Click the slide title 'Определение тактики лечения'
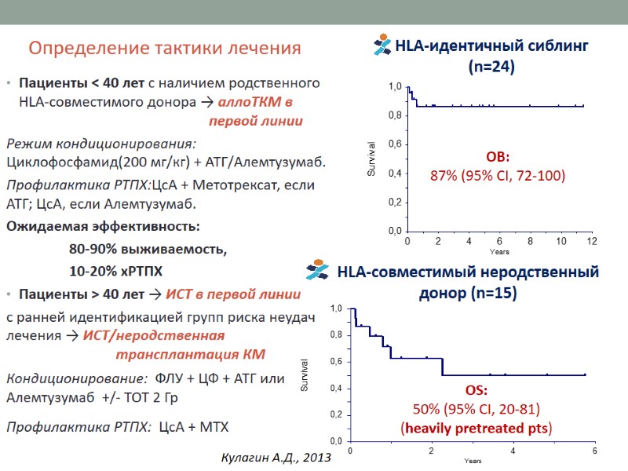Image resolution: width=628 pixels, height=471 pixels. [165, 49]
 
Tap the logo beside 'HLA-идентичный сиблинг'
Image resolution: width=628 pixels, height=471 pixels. [384, 45]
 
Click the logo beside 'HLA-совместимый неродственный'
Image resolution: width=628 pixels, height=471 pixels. [319, 271]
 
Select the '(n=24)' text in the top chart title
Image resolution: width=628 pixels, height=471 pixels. [491, 68]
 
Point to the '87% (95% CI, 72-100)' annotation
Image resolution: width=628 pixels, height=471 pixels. [498, 175]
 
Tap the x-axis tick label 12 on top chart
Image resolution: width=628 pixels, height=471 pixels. [592, 240]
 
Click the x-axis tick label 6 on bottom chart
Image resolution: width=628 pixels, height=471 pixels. [594, 450]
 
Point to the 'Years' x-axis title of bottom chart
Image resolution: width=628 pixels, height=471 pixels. [473, 461]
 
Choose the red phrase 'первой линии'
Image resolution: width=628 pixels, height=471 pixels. [256, 121]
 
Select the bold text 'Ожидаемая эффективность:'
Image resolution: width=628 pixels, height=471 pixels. [103, 227]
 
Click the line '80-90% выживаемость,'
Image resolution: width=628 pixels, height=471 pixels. [148, 250]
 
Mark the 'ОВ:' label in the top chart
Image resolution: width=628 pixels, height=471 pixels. [498, 156]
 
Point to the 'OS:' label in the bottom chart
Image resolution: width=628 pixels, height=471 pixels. [476, 390]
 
